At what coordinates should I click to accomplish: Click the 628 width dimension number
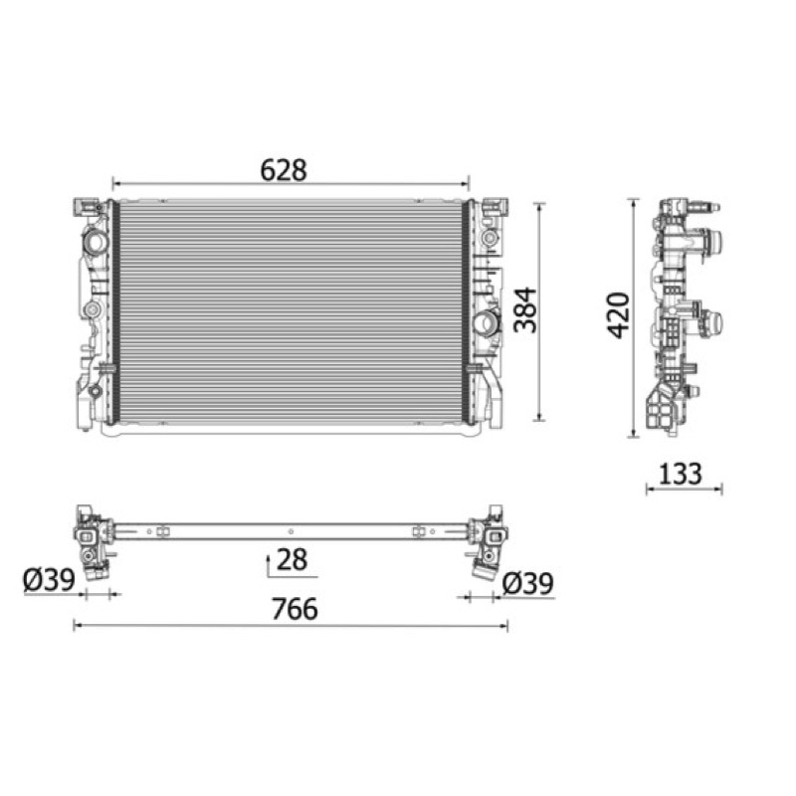tap(284, 170)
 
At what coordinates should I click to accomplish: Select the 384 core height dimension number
tap(525, 309)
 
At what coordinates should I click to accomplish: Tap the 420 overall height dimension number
tap(619, 315)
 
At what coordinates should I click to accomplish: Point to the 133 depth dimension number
tap(680, 474)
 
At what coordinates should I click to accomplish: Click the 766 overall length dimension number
tap(295, 609)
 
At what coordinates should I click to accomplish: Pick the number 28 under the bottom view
tap(292, 559)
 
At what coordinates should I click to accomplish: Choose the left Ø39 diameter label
tap(49, 579)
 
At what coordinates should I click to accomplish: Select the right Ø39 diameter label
tap(527, 583)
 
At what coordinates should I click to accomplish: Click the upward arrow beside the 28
tap(268, 566)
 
